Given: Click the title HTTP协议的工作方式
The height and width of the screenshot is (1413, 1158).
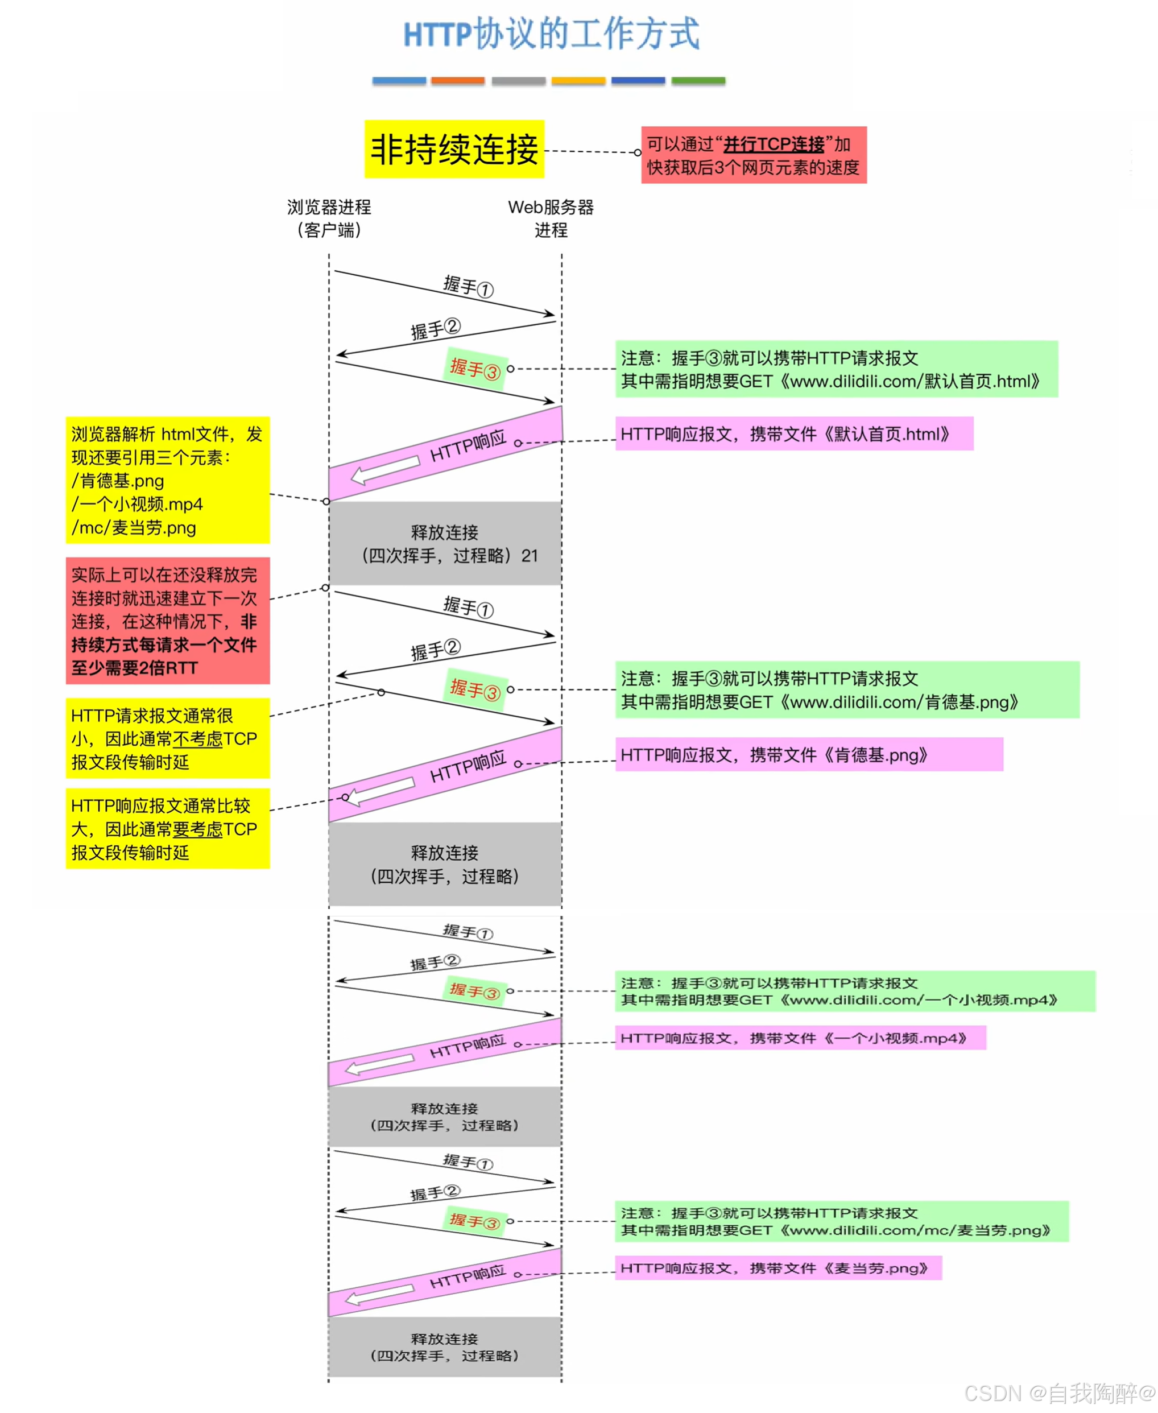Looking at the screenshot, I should [x=551, y=34].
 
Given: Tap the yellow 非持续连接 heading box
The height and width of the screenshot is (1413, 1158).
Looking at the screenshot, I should [x=454, y=150].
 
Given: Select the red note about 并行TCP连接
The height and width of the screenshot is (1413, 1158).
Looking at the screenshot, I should [x=754, y=155].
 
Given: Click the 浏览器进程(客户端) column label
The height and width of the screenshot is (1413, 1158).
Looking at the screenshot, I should [x=329, y=218].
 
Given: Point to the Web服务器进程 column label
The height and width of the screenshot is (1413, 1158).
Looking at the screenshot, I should [x=551, y=218].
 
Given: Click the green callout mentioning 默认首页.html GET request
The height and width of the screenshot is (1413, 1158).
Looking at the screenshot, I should [x=837, y=369].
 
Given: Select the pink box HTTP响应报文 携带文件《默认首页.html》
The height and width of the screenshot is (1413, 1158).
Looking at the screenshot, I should [x=794, y=434].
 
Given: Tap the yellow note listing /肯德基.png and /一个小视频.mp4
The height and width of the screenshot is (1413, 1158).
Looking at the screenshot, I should [x=167, y=480].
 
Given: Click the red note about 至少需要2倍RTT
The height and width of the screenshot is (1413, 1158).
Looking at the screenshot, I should [x=167, y=621].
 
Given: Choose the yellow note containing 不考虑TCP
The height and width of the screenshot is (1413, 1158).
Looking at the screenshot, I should [x=167, y=738].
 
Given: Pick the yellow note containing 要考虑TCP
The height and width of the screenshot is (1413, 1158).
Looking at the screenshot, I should [x=167, y=829].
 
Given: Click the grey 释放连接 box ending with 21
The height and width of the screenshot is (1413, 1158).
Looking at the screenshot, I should [x=445, y=544].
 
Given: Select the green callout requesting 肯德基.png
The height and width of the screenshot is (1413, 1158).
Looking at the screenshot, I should [x=847, y=690].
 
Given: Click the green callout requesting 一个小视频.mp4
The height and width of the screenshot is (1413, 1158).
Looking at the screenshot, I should [x=854, y=991].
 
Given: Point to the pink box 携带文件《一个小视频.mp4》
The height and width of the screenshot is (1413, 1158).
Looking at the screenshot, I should [x=800, y=1038].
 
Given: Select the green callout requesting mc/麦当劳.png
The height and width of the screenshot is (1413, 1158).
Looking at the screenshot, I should [x=841, y=1221].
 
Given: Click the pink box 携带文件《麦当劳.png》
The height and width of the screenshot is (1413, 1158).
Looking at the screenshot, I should [x=777, y=1269].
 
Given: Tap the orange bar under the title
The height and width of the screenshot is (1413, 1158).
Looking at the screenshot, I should [x=458, y=81].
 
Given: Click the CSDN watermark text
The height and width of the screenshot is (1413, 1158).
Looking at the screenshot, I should [x=1059, y=1394].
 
